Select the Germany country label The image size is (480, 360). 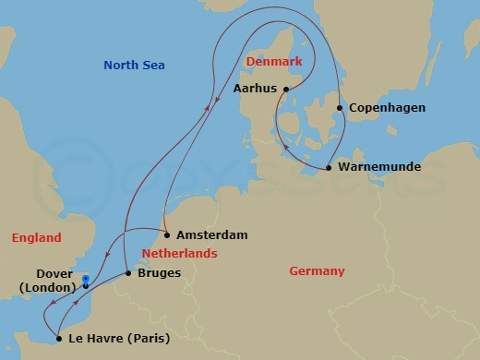pos(317,271)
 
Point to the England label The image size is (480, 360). pos(36,238)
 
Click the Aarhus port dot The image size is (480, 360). pos(286,90)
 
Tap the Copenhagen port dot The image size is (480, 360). pos(340,108)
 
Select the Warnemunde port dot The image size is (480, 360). pos(329,168)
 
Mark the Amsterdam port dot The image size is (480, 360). pos(167,234)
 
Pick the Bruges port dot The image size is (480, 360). pos(127,274)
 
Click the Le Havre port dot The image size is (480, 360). pos(58,339)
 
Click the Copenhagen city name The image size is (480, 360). pos(388,108)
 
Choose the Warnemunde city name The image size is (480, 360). pos(380,168)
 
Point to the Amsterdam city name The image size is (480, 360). pos(211,235)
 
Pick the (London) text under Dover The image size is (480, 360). pos(46,287)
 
